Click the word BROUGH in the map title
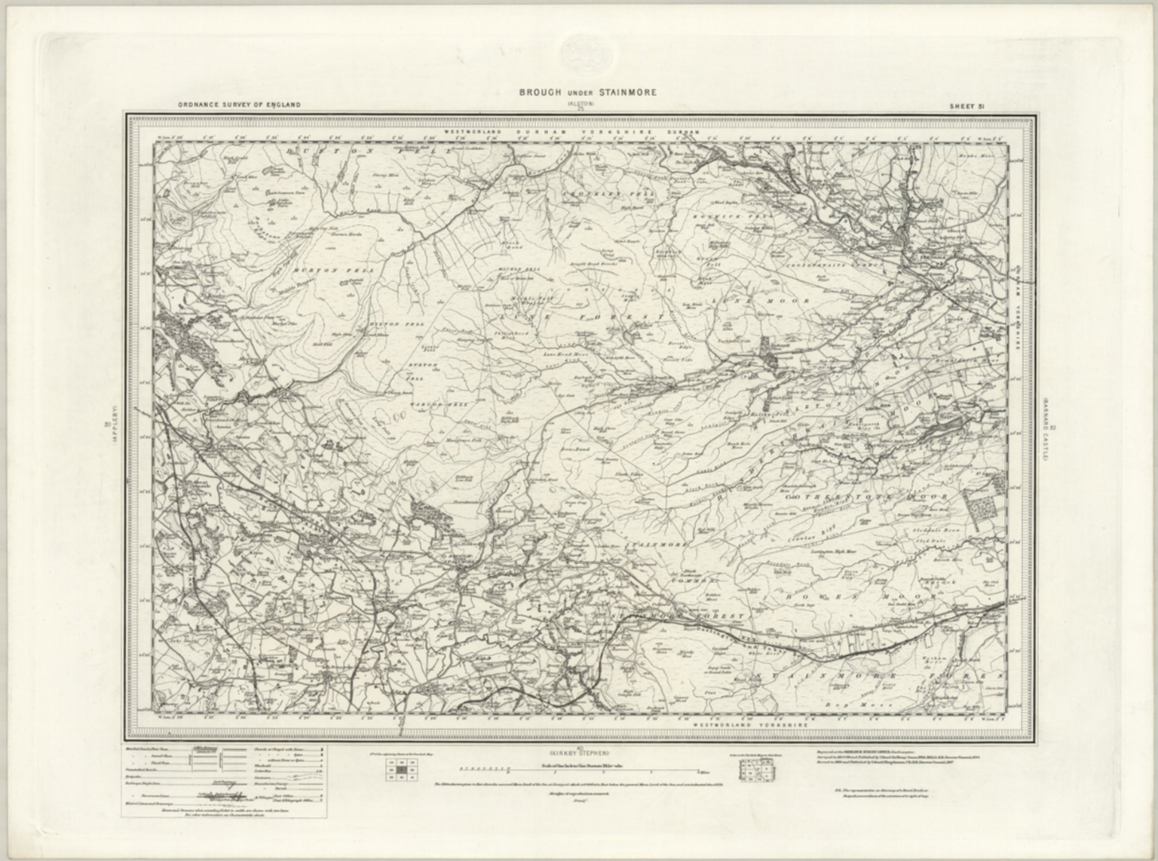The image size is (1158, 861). click(x=539, y=93)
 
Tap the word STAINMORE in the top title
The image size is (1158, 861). click(x=630, y=93)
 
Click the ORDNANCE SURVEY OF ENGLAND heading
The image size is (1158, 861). click(x=239, y=105)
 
